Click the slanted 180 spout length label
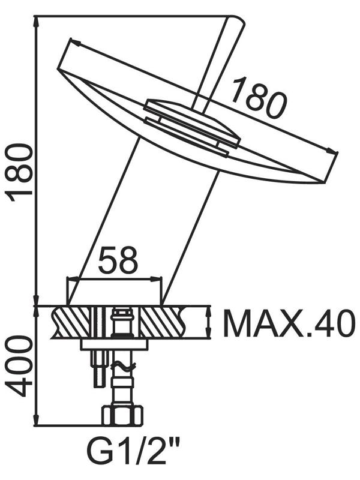pos(259,97)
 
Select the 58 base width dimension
pos(118,260)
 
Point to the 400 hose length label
pos(19,366)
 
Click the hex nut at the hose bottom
pos(122,415)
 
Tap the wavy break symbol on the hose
pos(124,367)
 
